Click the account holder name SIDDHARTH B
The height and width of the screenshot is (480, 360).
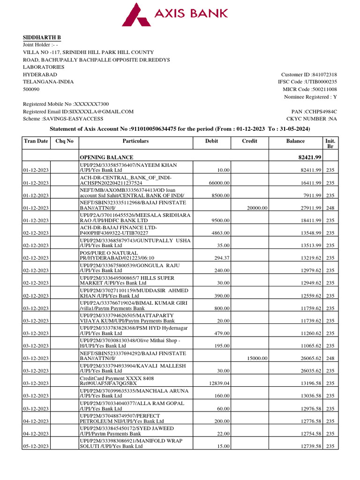coord(42,37)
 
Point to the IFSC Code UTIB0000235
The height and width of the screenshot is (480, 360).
coord(307,82)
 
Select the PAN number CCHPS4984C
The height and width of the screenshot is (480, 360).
coord(314,112)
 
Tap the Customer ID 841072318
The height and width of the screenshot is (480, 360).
coord(309,75)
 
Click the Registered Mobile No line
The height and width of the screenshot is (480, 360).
coord(66,104)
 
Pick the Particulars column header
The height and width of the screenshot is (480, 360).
coord(135,141)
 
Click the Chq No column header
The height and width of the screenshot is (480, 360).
coord(65,141)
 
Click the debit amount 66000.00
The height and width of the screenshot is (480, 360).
coord(219,183)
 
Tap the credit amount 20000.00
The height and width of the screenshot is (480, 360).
coord(257,208)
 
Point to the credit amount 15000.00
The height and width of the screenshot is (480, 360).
coord(257,358)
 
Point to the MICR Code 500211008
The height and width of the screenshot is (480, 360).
coord(309,90)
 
